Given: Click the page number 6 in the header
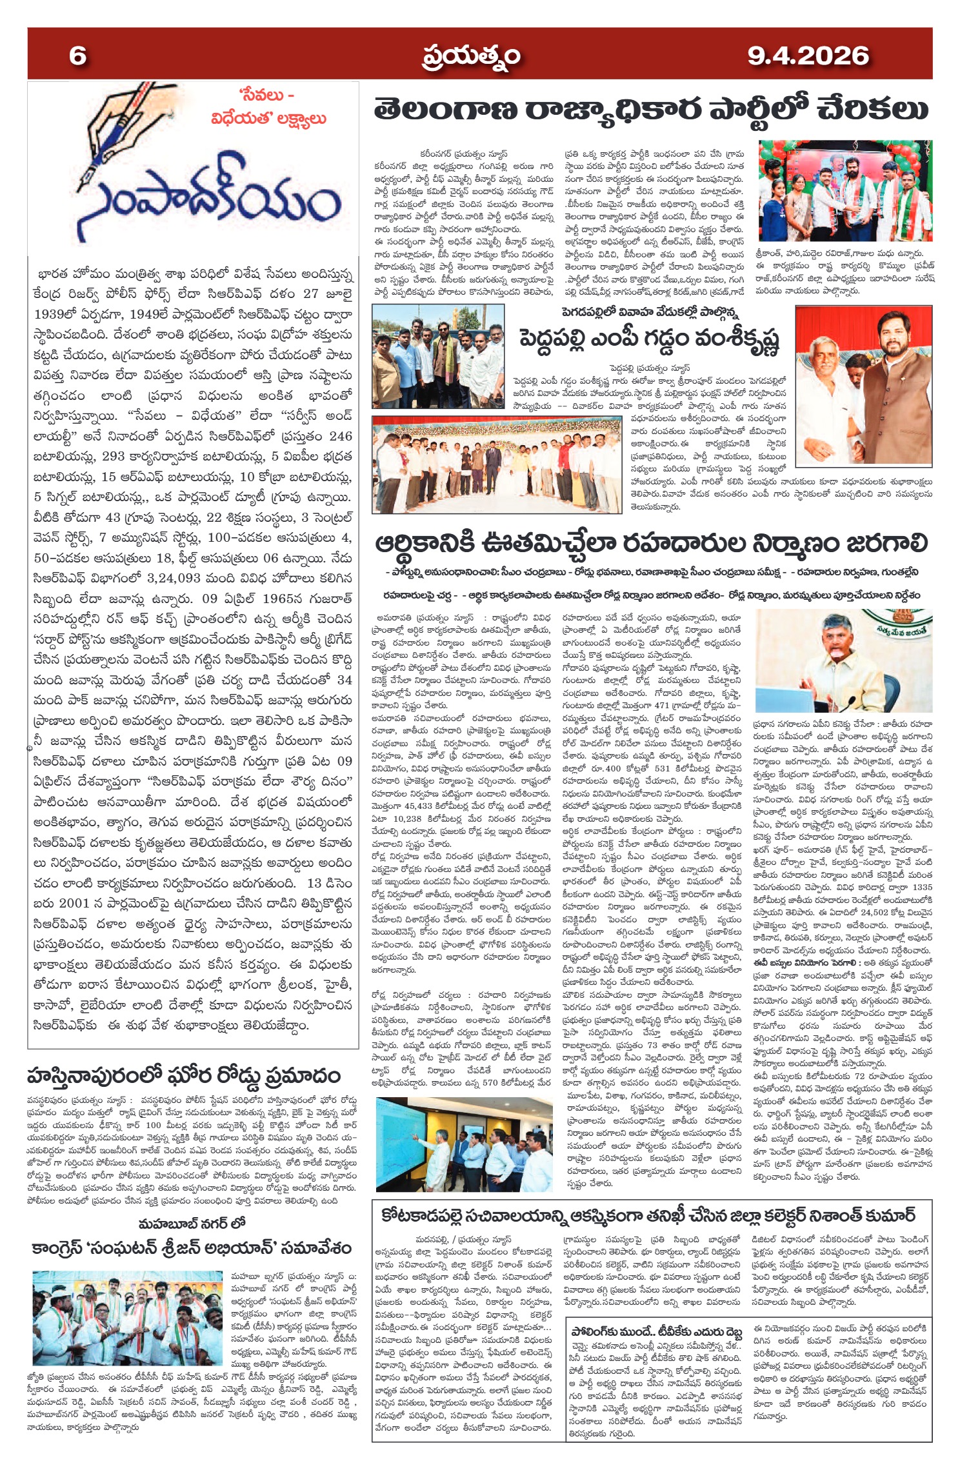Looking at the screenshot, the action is (77, 55).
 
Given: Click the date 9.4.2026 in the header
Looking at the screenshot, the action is (808, 55).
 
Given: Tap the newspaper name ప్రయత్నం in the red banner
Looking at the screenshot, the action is (471, 57).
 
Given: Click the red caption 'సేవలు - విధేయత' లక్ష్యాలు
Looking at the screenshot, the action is (268, 107).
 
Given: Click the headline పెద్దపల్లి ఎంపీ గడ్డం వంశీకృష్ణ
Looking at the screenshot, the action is (650, 338).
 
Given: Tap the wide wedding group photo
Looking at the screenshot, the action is (496, 464).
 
